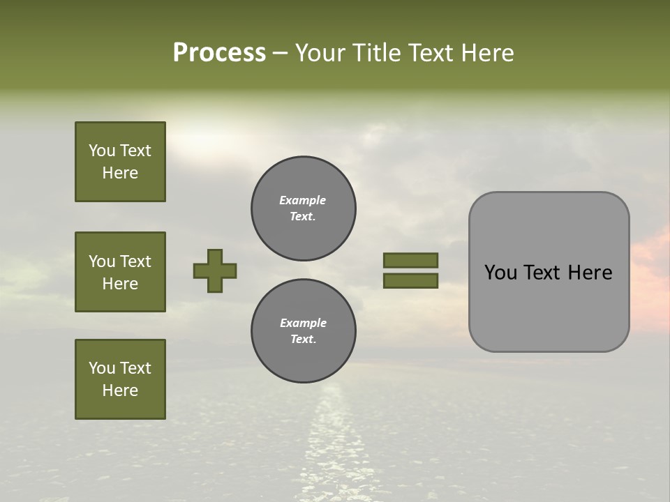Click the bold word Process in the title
tap(219, 53)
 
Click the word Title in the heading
tap(377, 53)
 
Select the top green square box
tap(120, 162)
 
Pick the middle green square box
tap(120, 272)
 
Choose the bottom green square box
tap(120, 379)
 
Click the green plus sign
tap(215, 271)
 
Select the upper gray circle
tap(304, 208)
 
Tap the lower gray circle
tap(304, 331)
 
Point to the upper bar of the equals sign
tap(410, 260)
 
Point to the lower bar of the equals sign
tap(410, 281)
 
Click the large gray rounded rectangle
tap(549, 271)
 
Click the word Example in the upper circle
tap(302, 200)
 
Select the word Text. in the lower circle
tap(303, 340)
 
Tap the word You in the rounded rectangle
tap(500, 273)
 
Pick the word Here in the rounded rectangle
tap(590, 273)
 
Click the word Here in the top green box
tap(120, 173)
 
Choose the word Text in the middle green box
tap(135, 261)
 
